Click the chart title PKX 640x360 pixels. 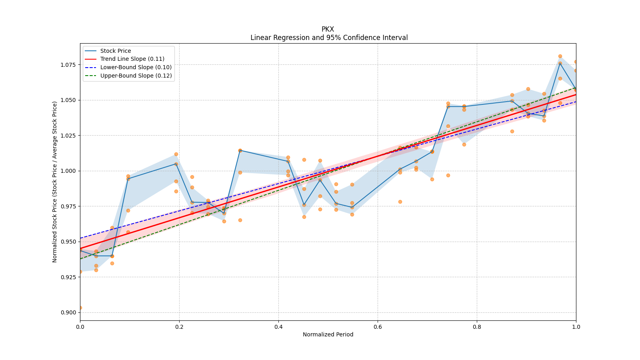click(328, 29)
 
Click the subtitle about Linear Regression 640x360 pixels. click(329, 38)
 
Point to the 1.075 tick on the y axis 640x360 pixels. click(68, 65)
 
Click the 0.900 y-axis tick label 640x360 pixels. click(68, 312)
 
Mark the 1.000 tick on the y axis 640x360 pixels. click(68, 171)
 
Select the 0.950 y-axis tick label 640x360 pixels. click(68, 242)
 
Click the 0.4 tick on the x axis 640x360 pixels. click(278, 327)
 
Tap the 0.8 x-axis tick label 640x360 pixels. click(477, 327)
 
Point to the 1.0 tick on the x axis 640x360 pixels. click(576, 327)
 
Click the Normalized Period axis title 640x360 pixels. click(328, 334)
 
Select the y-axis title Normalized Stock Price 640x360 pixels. click(54, 182)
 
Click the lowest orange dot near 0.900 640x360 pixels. click(80, 308)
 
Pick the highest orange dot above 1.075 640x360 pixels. click(560, 56)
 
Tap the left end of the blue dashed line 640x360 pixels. click(80, 238)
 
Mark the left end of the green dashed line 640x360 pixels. click(80, 259)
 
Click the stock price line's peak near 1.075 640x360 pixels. click(560, 63)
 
